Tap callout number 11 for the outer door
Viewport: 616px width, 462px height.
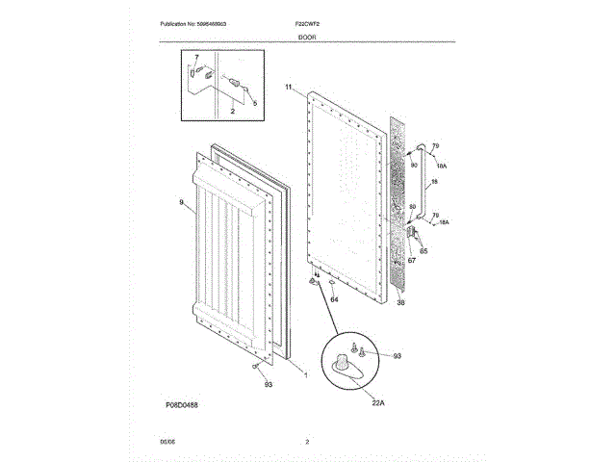pyautogui.click(x=288, y=88)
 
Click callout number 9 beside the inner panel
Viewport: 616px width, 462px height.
pyautogui.click(x=181, y=202)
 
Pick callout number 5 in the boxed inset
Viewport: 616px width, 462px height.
pyautogui.click(x=256, y=103)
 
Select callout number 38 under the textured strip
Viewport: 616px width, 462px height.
pyautogui.click(x=401, y=302)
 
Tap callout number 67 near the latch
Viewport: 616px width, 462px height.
pyautogui.click(x=411, y=260)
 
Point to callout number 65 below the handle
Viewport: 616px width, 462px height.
pyautogui.click(x=423, y=251)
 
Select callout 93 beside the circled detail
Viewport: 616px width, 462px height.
pyautogui.click(x=397, y=356)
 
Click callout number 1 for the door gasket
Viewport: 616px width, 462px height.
pyautogui.click(x=306, y=372)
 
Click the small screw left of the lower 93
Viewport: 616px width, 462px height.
pyautogui.click(x=254, y=367)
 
